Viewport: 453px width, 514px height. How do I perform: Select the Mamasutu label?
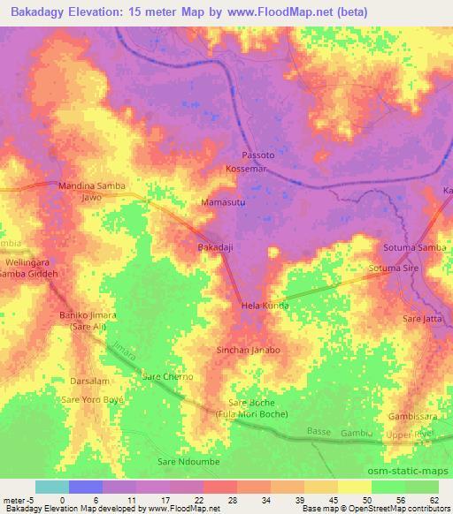[223, 202]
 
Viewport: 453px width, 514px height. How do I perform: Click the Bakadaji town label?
[216, 248]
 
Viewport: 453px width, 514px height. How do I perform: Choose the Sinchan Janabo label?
[249, 350]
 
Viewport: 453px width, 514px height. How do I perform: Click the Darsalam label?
[89, 381]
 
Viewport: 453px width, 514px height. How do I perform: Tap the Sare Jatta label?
[422, 317]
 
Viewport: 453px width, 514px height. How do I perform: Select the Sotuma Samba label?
[414, 247]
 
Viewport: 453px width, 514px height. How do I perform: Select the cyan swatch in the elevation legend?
[51, 487]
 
